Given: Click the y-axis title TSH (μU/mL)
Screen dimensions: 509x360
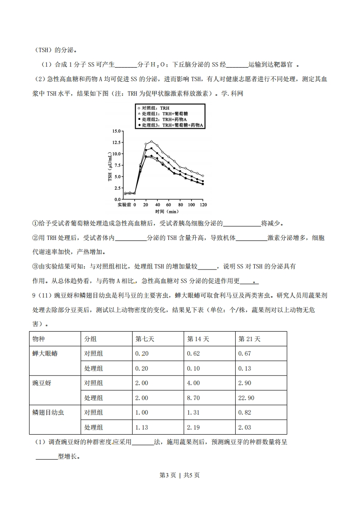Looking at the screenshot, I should tap(110, 165).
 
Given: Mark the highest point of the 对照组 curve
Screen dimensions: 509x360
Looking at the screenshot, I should tap(151, 142).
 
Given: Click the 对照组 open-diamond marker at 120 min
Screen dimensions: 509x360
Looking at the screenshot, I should tap(202, 176).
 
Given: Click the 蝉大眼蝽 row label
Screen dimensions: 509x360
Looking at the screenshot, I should tap(45, 353).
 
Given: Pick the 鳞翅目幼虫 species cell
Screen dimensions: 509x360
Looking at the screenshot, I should tap(48, 412).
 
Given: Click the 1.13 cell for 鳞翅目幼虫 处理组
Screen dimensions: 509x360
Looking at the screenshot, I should tap(142, 427).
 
